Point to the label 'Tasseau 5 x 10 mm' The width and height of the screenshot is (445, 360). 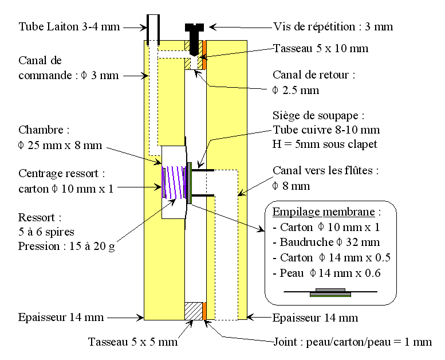coord(321,48)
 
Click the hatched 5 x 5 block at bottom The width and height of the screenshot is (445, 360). coord(194,311)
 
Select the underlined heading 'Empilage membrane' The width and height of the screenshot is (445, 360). coord(322,212)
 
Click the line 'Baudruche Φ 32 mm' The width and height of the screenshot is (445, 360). coord(323,242)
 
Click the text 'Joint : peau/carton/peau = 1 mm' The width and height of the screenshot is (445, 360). coord(352,342)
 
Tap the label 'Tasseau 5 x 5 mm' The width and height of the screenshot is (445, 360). coord(132,342)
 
